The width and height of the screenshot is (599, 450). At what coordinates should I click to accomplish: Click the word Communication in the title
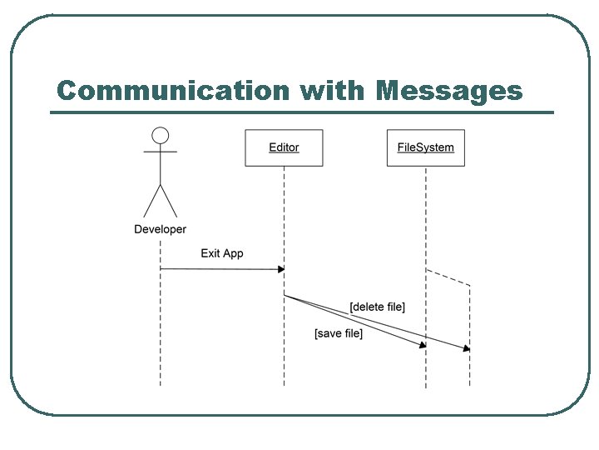point(171,90)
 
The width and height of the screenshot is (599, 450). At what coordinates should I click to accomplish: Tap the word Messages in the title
point(449,90)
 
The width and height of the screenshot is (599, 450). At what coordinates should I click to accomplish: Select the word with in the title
point(330,90)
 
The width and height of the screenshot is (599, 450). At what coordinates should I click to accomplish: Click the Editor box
point(284,147)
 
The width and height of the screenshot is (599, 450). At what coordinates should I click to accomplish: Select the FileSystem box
point(425,147)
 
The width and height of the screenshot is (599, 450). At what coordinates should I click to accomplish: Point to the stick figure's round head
point(161,135)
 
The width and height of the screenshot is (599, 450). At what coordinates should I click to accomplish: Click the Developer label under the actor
point(161,229)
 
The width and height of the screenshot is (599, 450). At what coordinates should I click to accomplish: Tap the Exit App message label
point(222,253)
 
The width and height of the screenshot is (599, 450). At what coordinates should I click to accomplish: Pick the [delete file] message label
point(378,307)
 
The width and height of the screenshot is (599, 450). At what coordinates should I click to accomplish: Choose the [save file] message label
point(339,333)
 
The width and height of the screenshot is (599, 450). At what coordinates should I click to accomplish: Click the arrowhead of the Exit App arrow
point(280,269)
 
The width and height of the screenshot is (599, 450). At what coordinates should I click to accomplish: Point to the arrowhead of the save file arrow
point(423,344)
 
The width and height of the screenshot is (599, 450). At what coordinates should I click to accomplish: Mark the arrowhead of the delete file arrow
point(467,348)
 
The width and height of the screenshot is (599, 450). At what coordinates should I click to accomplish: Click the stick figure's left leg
point(151,202)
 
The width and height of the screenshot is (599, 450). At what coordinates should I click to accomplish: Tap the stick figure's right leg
point(170,202)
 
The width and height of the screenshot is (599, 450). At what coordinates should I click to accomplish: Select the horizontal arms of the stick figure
point(161,152)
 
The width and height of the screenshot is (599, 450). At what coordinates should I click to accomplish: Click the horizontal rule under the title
point(301,112)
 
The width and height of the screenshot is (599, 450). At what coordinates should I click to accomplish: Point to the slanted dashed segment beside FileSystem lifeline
point(448,277)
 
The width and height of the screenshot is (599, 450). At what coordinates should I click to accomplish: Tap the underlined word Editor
point(284,147)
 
